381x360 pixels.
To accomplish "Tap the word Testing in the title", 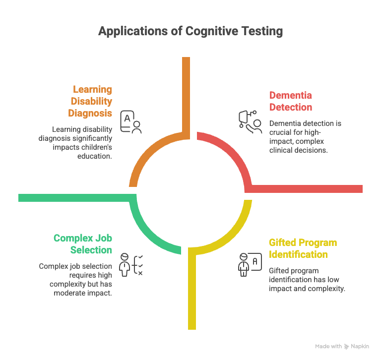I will pos(263,31).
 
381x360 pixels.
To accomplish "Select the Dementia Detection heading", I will pos(290,101).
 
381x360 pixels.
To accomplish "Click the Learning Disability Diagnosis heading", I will pos(92,101).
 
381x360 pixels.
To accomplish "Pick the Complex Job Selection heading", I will pos(83,244).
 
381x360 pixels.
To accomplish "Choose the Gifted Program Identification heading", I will pos(303,248).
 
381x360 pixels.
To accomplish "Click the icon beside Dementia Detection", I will pos(250,120).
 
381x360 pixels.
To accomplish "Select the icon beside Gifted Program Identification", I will pos(250,264).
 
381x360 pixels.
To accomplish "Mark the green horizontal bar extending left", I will pos(69,198).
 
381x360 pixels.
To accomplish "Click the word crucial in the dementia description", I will pos(281,132).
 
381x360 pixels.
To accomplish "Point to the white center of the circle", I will pos(190,193).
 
